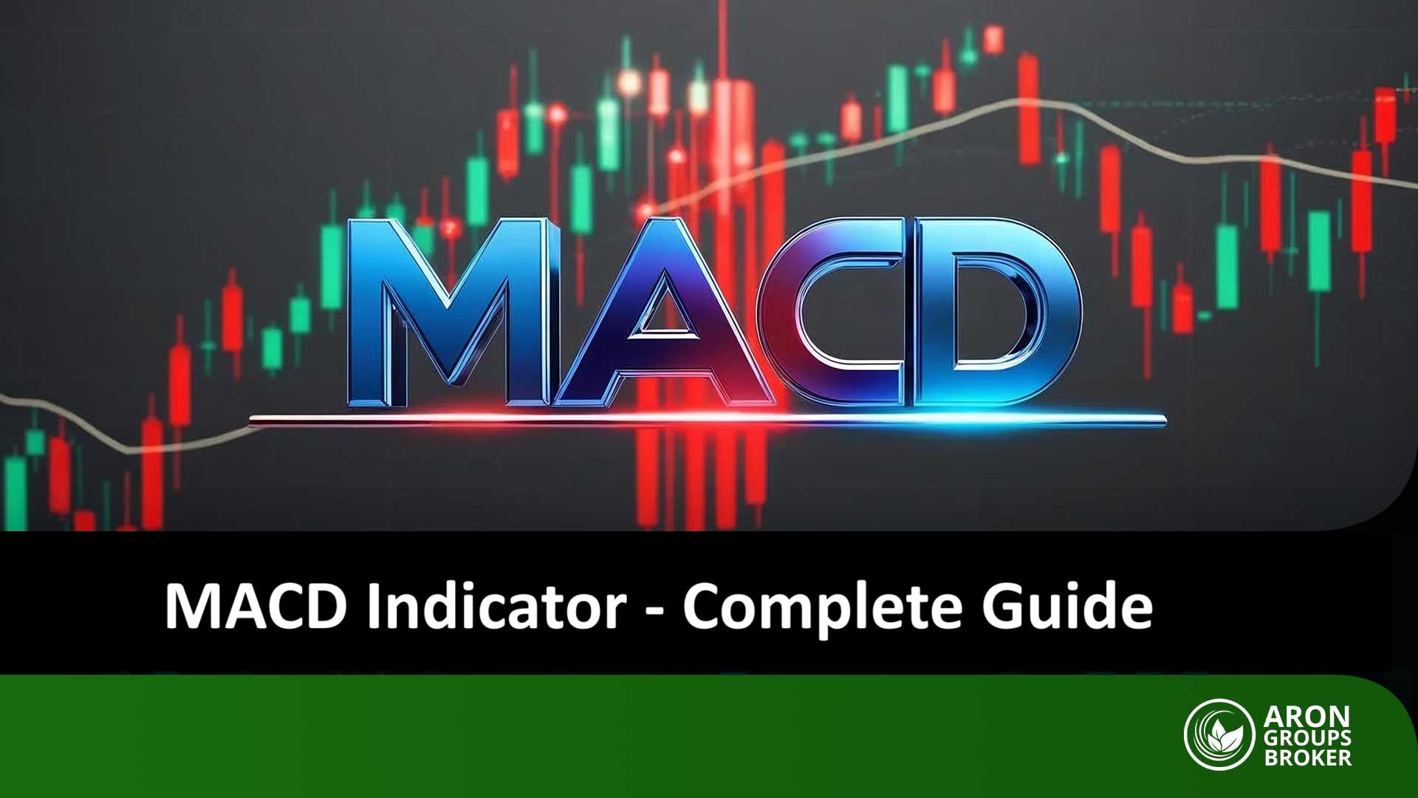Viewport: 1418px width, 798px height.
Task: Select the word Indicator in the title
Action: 497,607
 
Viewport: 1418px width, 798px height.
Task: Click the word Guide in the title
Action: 1066,607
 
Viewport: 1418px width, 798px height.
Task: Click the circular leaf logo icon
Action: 1219,734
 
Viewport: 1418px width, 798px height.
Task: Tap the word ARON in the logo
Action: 1306,717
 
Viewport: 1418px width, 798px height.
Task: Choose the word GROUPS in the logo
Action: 1306,737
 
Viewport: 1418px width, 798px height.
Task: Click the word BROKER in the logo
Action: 1307,757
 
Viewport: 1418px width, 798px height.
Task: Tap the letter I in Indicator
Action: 374,607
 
